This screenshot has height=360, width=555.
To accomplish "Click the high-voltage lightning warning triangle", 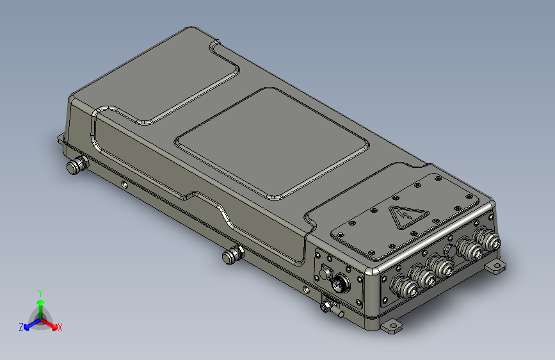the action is [x=408, y=216].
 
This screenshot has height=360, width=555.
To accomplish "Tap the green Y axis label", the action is [x=40, y=293].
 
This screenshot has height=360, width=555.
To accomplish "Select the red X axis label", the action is [x=60, y=328].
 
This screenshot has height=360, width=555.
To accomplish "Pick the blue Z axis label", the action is [x=21, y=327].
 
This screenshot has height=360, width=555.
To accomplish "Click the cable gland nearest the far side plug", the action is [x=487, y=239].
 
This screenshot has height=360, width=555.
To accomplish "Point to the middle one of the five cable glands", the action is [x=440, y=266].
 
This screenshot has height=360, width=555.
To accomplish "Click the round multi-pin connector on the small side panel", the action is [x=341, y=283].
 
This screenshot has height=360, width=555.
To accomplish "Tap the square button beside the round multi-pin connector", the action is [x=326, y=273].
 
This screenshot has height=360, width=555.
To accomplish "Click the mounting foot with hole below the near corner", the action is [x=391, y=326].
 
